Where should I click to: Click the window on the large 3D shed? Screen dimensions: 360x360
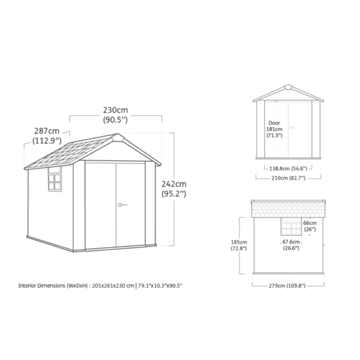(x=55, y=179)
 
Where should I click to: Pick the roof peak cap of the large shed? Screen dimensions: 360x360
(x=118, y=137)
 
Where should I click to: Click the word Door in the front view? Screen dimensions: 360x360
(x=274, y=123)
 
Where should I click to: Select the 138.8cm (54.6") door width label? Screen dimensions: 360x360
(x=288, y=169)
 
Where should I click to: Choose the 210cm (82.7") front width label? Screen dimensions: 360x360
(x=289, y=178)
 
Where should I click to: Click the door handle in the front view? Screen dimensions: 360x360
(x=292, y=127)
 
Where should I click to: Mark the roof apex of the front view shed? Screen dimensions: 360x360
(x=288, y=85)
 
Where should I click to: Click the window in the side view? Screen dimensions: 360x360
(x=291, y=226)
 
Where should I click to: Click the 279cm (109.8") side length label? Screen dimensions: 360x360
(x=287, y=286)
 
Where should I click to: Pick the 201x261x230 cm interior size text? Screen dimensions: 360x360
(x=113, y=286)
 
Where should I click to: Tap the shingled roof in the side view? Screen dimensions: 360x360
(x=289, y=209)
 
